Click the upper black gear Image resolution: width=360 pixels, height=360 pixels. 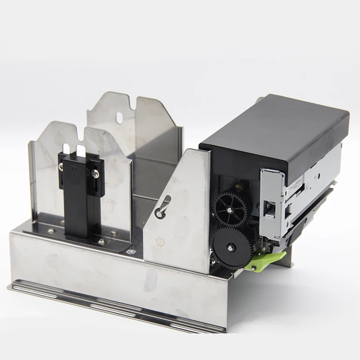pyautogui.click(x=232, y=208)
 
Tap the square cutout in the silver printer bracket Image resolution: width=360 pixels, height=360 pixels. pyautogui.click(x=270, y=206)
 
